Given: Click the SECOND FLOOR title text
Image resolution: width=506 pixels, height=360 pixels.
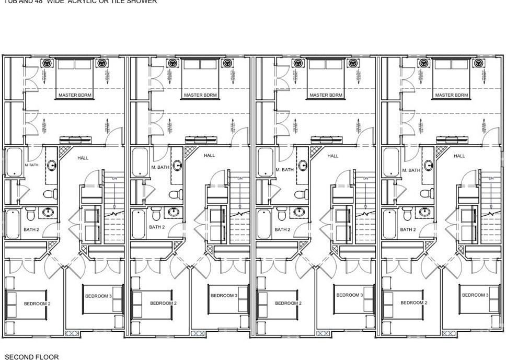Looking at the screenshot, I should (32, 357).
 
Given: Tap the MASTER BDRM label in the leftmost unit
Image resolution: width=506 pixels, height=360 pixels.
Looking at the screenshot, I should (75, 95).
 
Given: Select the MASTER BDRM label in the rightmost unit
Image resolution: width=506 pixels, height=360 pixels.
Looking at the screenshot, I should (452, 95).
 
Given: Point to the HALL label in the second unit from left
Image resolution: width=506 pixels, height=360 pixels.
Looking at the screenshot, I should (209, 156).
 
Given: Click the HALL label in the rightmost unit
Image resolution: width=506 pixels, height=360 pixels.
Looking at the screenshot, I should (459, 156).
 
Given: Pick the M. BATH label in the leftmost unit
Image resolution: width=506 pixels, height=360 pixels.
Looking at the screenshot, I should (32, 165).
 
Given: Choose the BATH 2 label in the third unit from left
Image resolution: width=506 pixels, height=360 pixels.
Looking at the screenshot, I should (282, 229).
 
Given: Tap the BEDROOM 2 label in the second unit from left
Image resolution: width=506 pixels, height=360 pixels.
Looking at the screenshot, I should (163, 303).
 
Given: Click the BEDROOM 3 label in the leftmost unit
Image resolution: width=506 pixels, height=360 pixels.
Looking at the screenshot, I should (98, 296).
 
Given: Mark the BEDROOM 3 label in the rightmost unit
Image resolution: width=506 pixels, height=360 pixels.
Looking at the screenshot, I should (474, 295).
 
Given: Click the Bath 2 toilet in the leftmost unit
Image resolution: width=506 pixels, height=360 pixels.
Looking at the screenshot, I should (30, 214).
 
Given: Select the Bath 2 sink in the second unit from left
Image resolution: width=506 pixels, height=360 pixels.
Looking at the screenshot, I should (173, 212).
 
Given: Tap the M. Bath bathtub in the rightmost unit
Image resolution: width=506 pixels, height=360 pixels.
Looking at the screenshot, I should (390, 162).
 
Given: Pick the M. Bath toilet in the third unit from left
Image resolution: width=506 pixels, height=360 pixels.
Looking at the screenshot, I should (300, 194).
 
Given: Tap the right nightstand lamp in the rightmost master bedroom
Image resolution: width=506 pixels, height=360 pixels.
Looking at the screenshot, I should (478, 63).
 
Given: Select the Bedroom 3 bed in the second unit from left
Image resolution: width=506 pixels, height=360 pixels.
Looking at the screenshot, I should (228, 299).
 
